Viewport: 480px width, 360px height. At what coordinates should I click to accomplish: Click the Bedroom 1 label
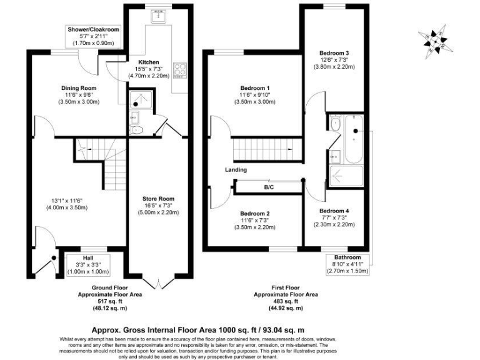[x=256, y=88]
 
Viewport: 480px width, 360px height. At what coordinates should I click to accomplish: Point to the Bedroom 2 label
[x=255, y=214]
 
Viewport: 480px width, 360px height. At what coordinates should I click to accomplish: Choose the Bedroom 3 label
[x=334, y=53]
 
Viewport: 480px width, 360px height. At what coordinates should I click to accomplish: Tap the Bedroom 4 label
[x=334, y=211]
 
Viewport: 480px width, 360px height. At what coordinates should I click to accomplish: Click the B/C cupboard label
[x=269, y=187]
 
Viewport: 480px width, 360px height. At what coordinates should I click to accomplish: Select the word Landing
[x=236, y=170]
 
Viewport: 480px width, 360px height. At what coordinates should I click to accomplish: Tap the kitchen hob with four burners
[x=180, y=69]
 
